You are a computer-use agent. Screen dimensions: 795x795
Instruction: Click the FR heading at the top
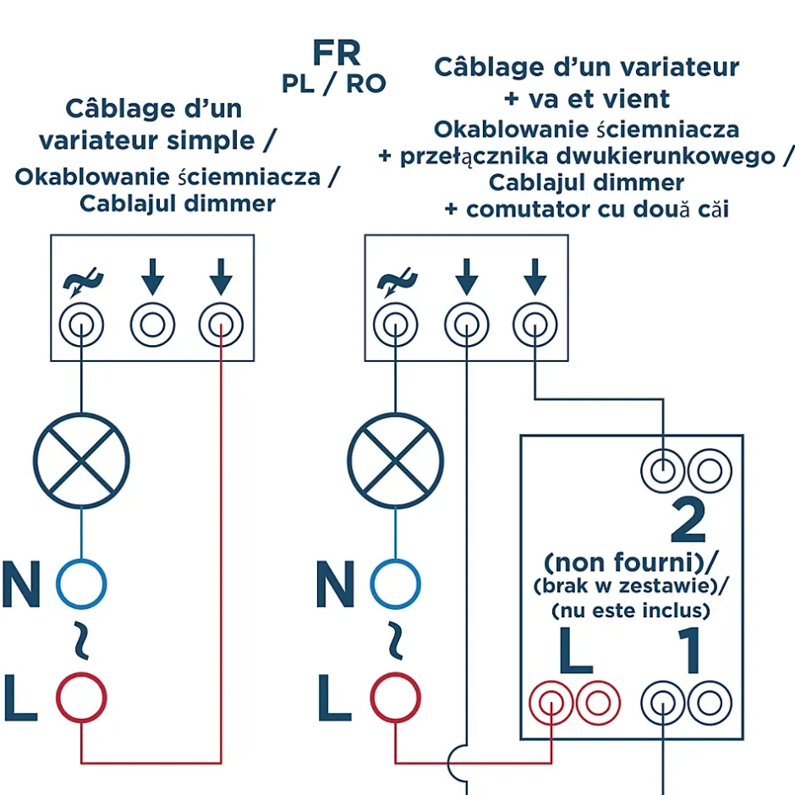coord(336,53)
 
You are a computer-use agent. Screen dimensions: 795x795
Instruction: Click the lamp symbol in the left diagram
coord(81,461)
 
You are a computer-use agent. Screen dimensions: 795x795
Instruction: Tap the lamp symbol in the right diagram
coord(396,461)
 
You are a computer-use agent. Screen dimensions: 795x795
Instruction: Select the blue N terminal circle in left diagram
coord(81,584)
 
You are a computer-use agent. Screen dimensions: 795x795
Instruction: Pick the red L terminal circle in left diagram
coord(81,697)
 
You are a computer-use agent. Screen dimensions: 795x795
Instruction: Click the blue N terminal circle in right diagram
coord(395,584)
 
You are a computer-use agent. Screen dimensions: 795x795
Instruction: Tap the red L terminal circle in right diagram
coord(395,697)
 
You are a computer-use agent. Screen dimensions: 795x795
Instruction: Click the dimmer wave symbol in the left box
coord(82,281)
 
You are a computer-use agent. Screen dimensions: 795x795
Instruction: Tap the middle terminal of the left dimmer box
coord(152,325)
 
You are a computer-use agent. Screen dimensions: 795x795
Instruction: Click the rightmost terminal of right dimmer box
coord(535,325)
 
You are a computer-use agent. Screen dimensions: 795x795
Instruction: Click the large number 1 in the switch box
coord(691,650)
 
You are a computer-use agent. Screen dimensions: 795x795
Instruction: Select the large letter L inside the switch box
coord(575,650)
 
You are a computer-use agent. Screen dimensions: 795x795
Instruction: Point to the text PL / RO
coord(333,83)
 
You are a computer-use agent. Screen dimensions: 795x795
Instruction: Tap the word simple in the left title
coord(212,140)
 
